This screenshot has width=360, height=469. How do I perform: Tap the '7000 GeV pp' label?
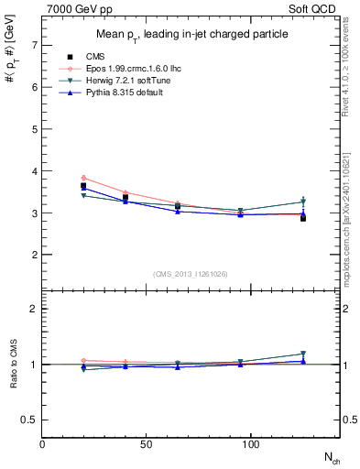click(76, 8)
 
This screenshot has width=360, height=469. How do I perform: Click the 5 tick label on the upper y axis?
click(34, 129)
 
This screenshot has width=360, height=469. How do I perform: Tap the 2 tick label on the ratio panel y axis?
click(34, 309)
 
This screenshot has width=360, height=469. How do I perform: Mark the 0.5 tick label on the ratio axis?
click(30, 420)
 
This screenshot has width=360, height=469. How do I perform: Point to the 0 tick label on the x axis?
click(43, 444)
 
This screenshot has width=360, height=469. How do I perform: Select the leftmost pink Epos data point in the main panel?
click(83, 178)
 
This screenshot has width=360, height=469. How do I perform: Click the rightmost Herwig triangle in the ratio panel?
click(303, 354)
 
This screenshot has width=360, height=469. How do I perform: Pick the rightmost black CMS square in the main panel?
click(303, 218)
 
